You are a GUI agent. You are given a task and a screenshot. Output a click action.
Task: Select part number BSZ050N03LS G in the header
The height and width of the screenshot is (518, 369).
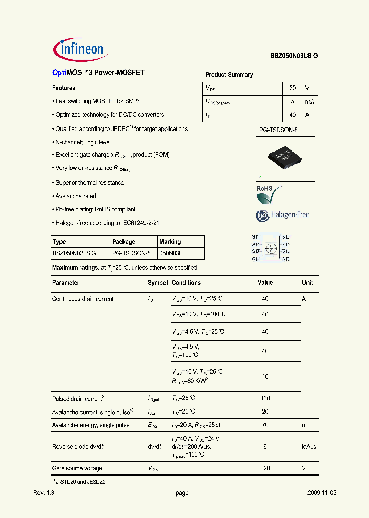[294, 56]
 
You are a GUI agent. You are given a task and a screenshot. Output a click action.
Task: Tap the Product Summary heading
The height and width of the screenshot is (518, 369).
[229, 75]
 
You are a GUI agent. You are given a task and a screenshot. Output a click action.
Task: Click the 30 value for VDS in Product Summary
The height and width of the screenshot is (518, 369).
[293, 88]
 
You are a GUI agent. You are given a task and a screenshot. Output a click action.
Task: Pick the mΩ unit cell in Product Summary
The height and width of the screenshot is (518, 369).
[310, 102]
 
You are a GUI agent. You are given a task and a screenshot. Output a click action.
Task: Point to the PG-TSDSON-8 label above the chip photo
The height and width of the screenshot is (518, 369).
[278, 131]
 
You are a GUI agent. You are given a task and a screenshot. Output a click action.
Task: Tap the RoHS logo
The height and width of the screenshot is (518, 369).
[269, 194]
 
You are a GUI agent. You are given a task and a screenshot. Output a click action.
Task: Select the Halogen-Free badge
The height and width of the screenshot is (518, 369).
[282, 215]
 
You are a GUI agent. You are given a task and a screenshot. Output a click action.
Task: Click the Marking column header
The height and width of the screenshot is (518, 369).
[170, 242]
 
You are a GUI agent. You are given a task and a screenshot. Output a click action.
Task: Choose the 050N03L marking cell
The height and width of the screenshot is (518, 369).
[171, 253]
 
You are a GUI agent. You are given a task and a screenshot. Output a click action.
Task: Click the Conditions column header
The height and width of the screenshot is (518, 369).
[187, 283]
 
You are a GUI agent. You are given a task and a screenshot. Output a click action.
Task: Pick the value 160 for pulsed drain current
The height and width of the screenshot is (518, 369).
[265, 398]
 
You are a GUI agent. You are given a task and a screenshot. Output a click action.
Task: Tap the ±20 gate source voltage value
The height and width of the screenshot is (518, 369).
[265, 468]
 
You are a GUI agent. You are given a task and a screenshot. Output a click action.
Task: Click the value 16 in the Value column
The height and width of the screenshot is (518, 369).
[265, 376]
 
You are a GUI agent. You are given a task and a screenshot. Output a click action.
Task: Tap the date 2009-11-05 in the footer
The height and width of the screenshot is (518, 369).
[322, 493]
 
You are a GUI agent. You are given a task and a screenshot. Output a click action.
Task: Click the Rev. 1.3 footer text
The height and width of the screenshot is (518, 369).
[44, 493]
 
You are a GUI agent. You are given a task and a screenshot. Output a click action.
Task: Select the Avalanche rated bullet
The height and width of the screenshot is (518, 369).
[75, 196]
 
